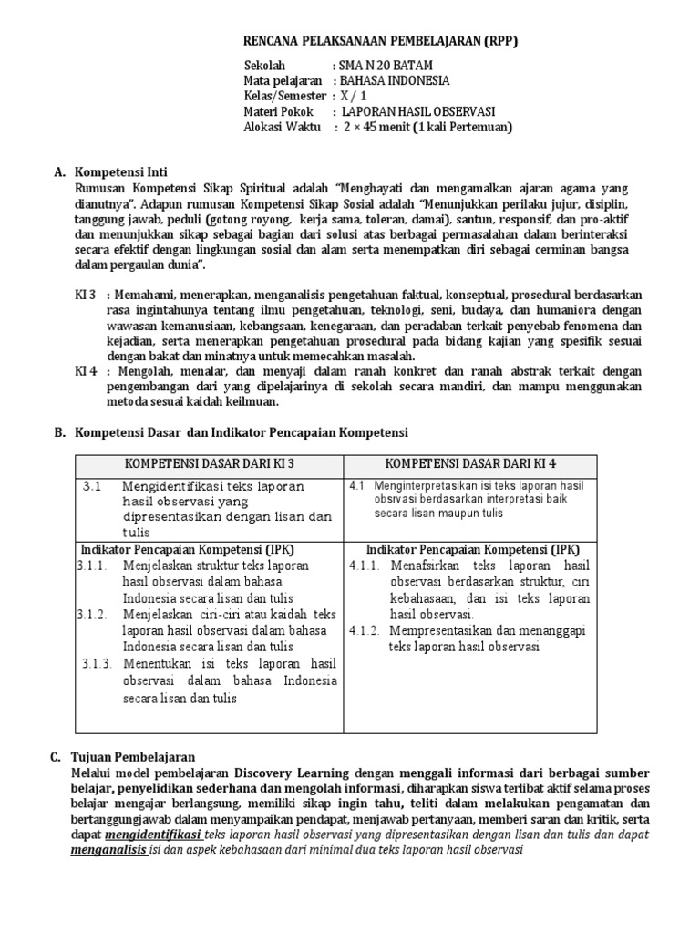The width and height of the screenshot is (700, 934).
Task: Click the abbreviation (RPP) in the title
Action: [497, 41]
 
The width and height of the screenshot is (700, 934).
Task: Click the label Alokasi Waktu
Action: [283, 127]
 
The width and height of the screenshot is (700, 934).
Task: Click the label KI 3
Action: [86, 295]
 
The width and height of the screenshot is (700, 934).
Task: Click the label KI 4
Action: [86, 371]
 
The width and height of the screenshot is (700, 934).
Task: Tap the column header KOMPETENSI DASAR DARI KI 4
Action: [470, 464]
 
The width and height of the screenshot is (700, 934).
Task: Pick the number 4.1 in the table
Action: [356, 485]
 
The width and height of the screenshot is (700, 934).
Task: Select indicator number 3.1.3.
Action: [97, 664]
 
